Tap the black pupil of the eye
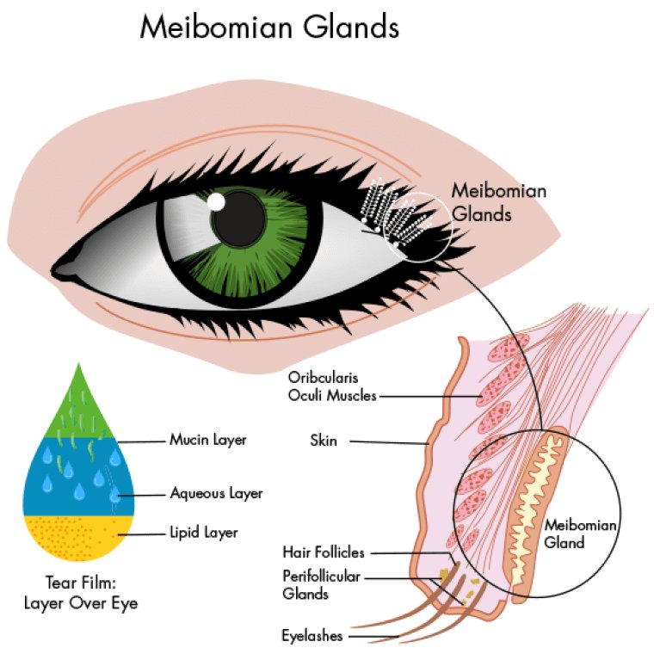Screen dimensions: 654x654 (238, 219)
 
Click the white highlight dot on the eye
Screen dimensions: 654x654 (216, 201)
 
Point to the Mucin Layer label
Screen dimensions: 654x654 (207, 441)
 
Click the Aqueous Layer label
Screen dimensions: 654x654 (216, 494)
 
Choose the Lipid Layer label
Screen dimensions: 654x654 (203, 534)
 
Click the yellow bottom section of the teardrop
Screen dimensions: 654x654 (77, 538)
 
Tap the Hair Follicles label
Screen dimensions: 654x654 (324, 552)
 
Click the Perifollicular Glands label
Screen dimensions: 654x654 (321, 585)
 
